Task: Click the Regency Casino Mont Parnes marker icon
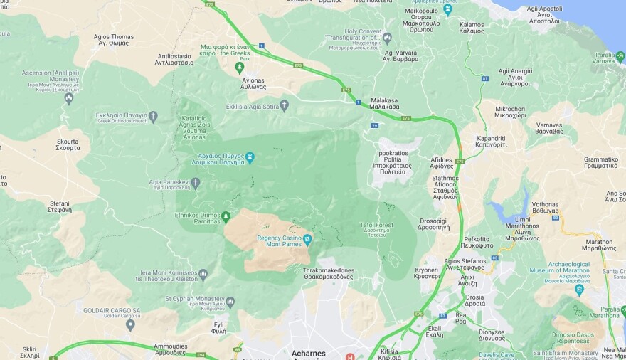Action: (307, 239)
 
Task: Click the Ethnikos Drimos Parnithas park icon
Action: (226, 216)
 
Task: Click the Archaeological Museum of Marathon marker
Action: (579, 289)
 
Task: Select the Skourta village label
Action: (68, 144)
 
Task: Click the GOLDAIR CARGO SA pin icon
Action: (130, 324)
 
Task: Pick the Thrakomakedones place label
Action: (328, 274)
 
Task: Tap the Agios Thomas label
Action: (113, 40)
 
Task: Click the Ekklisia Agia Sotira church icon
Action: (284, 106)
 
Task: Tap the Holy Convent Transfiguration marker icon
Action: (387, 37)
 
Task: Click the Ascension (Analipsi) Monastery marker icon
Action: (69, 99)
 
